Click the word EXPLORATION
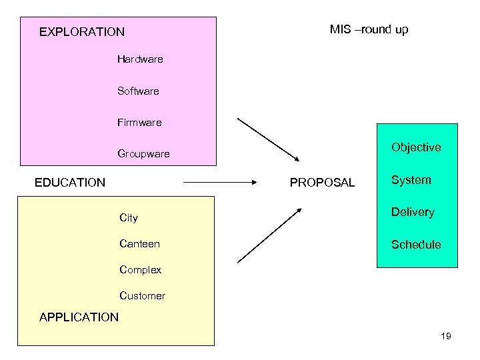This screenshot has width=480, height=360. (81, 31)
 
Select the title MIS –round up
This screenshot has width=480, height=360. (369, 29)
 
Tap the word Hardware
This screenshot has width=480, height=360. (140, 59)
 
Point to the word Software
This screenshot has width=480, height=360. (138, 91)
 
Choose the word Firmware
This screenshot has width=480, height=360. (139, 123)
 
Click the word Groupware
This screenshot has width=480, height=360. (143, 154)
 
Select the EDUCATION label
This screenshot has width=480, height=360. (70, 183)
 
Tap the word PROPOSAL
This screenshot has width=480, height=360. (322, 183)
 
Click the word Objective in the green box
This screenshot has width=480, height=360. (416, 147)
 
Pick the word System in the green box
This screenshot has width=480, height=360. (411, 180)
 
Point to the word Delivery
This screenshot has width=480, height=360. (413, 212)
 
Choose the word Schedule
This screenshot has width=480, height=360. (416, 245)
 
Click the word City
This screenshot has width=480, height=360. (129, 218)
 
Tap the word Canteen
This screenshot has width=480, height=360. (139, 244)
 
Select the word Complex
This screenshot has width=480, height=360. (140, 270)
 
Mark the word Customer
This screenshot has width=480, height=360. (142, 295)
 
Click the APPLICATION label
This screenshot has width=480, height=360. (79, 317)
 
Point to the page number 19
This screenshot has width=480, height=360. (446, 336)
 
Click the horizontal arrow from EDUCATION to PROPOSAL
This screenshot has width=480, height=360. (220, 181)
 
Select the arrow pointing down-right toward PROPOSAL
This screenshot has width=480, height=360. (269, 140)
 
